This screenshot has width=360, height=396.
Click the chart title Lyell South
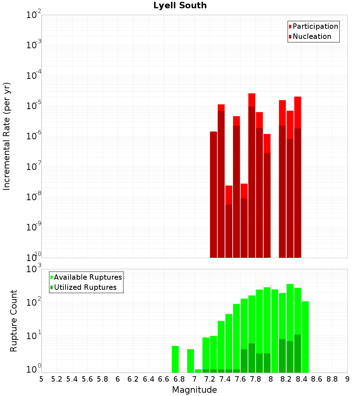(180, 5)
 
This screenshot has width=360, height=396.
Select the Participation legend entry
(315, 26)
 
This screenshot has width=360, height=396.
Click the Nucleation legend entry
(312, 36)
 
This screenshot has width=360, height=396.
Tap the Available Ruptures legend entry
(88, 277)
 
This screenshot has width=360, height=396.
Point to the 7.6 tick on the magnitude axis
(240, 379)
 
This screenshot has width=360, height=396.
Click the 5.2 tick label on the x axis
(57, 379)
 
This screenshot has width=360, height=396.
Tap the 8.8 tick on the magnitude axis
(332, 379)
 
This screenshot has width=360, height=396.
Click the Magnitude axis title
(194, 390)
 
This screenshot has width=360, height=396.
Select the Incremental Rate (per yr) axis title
(7, 136)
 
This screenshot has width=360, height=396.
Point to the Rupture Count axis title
(13, 321)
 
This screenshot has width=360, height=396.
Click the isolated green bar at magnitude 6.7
(175, 359)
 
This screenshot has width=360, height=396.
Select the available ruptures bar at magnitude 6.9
(190, 361)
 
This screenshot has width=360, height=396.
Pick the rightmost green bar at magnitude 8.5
(305, 337)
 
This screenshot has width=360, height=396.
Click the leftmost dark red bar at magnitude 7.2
(213, 194)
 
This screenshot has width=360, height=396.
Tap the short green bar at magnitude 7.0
(198, 371)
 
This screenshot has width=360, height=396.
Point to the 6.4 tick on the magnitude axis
(149, 379)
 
